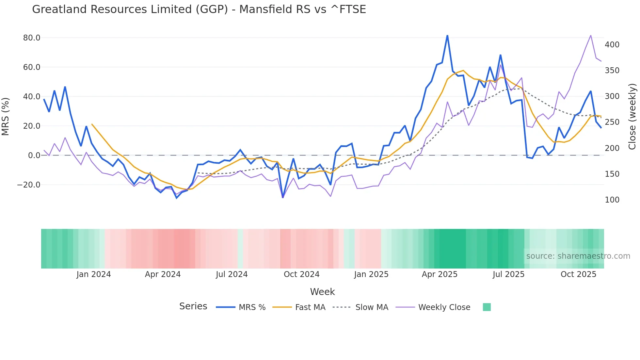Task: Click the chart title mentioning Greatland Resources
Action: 199,9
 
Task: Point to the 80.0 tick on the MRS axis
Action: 32,38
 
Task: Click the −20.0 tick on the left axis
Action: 29,185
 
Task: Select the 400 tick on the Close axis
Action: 612,45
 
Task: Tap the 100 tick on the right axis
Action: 612,200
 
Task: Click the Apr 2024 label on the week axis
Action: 163,274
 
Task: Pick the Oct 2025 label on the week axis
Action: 578,274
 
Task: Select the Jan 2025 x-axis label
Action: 371,274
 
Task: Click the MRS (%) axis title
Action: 6,116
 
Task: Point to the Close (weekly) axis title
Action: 632,116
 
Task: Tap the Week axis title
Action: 322,292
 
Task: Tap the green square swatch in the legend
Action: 487,307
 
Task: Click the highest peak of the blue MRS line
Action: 447,36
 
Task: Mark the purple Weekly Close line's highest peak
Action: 591,35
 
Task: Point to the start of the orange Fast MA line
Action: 92,124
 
